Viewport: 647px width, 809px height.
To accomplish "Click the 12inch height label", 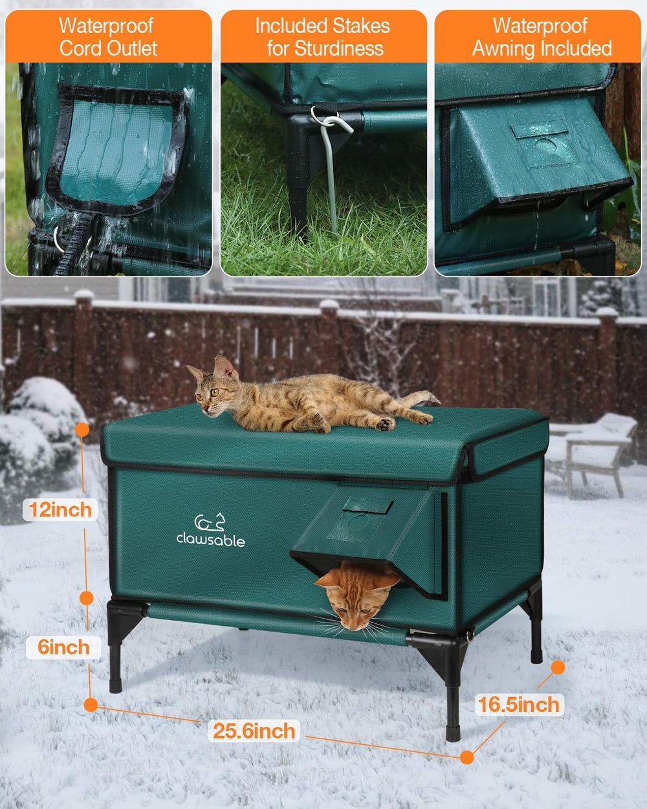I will click(60, 509).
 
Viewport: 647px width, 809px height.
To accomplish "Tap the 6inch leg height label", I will click(63, 647).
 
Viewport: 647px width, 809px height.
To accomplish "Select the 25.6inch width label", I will click(254, 731).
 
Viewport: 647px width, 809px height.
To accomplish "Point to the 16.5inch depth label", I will click(518, 704).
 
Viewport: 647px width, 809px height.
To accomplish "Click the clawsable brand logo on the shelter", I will click(211, 531).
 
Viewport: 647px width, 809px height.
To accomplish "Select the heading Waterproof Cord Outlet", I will click(108, 37).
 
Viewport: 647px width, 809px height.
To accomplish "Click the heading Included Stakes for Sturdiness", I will click(323, 37).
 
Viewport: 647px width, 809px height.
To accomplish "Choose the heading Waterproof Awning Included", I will click(541, 37).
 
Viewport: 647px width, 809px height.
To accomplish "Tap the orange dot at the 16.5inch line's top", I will click(558, 667).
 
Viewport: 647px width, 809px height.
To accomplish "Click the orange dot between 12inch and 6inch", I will click(85, 598).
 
